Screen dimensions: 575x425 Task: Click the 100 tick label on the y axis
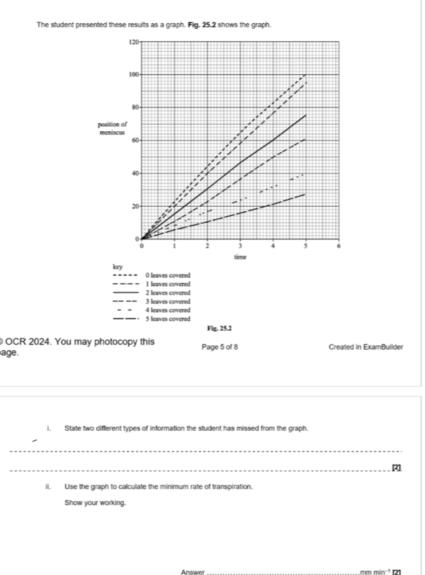(133, 74)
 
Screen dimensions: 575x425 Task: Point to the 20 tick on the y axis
(134, 206)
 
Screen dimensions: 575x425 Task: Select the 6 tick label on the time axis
(339, 246)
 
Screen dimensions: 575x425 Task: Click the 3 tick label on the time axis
(241, 246)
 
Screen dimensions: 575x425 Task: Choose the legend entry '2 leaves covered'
(167, 293)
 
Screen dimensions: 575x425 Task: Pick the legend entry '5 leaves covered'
(167, 318)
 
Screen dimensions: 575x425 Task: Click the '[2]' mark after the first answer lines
(395, 470)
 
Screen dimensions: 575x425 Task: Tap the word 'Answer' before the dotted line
(193, 571)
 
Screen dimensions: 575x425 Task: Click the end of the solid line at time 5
(306, 115)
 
